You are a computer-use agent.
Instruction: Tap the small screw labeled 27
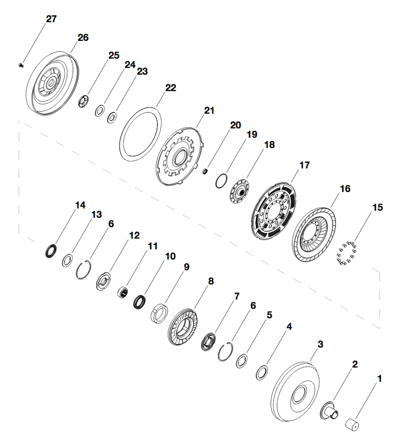click(21, 65)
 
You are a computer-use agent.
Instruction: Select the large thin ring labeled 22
click(140, 133)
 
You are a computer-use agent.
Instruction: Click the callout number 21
click(209, 111)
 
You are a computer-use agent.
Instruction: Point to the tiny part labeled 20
click(205, 172)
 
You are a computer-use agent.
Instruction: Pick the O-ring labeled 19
click(222, 181)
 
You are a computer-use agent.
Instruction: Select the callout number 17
click(305, 165)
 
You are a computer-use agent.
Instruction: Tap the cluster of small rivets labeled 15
click(346, 254)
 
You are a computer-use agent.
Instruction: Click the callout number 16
click(345, 189)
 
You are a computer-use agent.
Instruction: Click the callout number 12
click(134, 236)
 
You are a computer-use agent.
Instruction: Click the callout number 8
click(211, 281)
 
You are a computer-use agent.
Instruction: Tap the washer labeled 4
click(261, 373)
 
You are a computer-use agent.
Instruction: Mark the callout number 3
click(321, 344)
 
